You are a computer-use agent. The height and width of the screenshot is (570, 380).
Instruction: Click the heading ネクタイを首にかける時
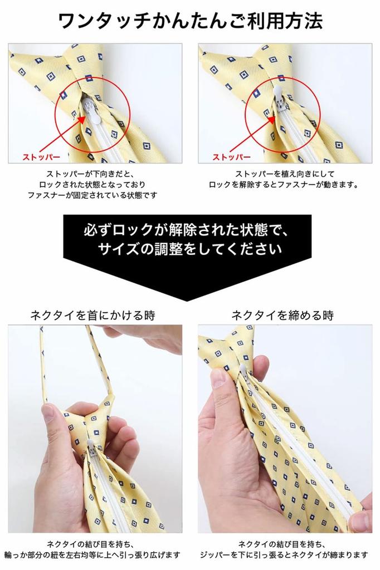pos(92,316)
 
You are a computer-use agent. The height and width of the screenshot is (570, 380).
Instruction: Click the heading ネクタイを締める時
pos(282,316)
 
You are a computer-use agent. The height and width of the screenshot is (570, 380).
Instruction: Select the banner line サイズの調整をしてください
pos(189,249)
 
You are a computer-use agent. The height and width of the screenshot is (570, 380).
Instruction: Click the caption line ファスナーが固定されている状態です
pos(92,195)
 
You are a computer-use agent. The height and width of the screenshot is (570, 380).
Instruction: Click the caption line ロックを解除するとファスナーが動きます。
pos(284,184)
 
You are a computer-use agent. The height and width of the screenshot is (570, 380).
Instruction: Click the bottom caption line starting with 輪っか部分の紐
pos(92,554)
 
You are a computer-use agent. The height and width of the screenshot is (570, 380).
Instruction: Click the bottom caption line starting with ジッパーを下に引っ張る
pos(284,554)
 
